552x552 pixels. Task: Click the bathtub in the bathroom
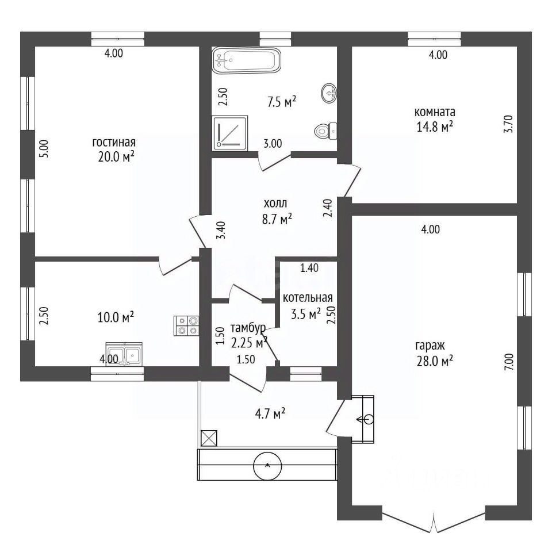click(247, 60)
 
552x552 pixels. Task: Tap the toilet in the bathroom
click(325, 131)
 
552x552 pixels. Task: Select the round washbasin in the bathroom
click(329, 93)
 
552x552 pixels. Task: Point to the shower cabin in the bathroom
click(230, 133)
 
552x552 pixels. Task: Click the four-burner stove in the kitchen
click(186, 325)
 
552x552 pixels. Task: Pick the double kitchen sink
click(124, 355)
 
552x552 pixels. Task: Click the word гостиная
click(114, 142)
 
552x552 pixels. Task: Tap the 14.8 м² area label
click(435, 126)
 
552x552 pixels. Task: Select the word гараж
click(430, 346)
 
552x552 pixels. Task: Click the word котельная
click(308, 298)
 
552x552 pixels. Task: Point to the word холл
click(275, 203)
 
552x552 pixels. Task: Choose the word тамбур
click(248, 328)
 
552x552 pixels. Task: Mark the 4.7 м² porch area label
click(270, 413)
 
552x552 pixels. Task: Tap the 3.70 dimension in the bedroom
click(509, 124)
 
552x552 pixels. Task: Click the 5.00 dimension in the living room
click(44, 149)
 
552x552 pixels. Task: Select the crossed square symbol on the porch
click(209, 438)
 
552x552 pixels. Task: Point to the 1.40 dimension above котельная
click(309, 269)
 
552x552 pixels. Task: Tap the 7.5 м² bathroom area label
click(282, 102)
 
